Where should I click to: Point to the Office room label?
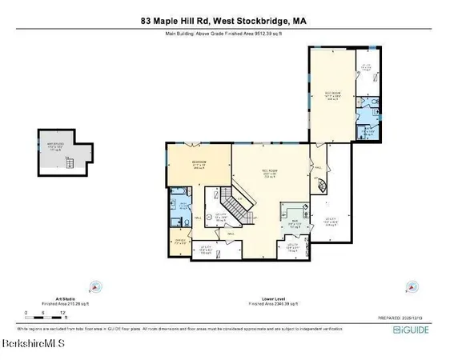tap(180, 239)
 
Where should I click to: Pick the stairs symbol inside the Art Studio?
tap(70, 163)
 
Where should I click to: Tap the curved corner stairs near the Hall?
tap(322, 186)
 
